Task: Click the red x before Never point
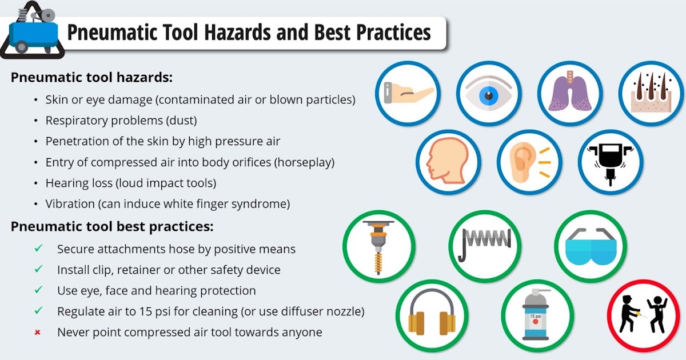38,332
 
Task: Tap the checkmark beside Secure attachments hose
38,249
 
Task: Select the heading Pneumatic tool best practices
112,227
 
